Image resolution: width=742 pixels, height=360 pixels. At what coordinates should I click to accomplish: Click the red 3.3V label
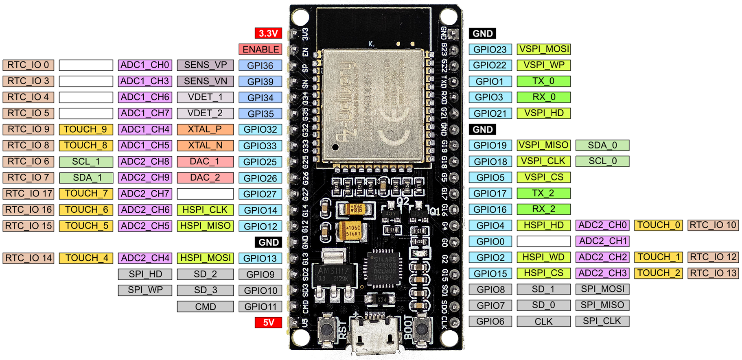[268, 33]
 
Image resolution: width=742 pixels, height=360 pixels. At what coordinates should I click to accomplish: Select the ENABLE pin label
[260, 49]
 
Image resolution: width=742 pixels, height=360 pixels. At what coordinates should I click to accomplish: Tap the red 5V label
[268, 323]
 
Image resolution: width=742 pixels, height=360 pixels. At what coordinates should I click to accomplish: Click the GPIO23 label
[490, 49]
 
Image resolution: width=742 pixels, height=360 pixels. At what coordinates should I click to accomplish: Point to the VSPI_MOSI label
[544, 49]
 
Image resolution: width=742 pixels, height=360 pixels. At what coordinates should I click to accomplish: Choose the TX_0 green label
[543, 81]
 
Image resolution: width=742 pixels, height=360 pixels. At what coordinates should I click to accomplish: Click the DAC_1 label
[205, 161]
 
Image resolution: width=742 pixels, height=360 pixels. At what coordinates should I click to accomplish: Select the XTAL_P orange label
[205, 129]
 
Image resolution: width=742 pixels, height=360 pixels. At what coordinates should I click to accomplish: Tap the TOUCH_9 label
[85, 129]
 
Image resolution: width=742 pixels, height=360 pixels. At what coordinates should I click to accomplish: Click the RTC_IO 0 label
[28, 65]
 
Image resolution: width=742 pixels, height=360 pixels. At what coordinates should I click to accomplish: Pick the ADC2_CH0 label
[602, 225]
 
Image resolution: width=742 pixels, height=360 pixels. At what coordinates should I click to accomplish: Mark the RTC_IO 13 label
[713, 273]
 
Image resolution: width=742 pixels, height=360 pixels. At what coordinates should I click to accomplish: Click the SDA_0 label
[602, 145]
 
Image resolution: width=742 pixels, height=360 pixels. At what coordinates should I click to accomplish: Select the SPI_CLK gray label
[602, 321]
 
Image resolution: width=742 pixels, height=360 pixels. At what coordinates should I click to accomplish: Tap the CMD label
[205, 306]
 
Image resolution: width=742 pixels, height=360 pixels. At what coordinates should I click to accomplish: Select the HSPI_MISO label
[205, 226]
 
